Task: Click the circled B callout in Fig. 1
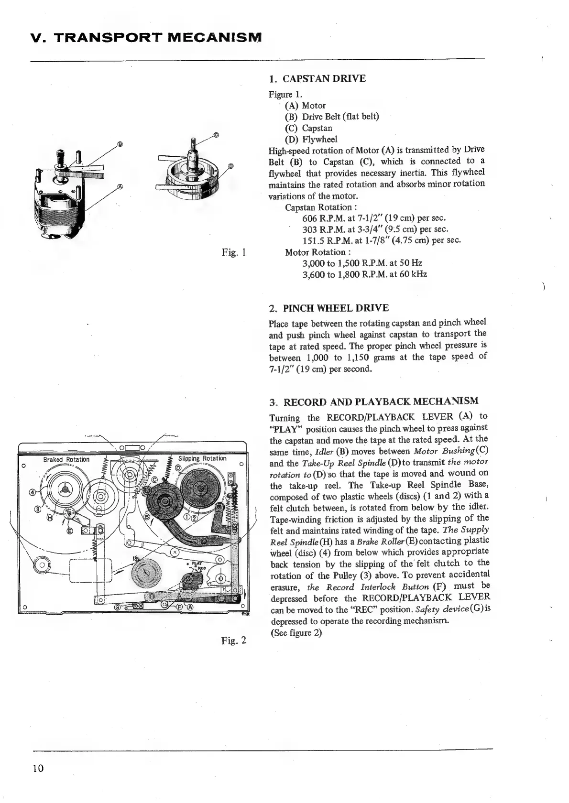[x=120, y=143]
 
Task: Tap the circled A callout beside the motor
[x=120, y=187]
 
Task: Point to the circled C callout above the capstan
[x=216, y=134]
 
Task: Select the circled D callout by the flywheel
[x=230, y=166]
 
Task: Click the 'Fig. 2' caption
[x=234, y=640]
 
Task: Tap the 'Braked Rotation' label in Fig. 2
[x=66, y=459]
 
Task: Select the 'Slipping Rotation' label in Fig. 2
[x=202, y=458]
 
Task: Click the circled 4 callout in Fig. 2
[x=33, y=492]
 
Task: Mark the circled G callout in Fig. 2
[x=117, y=607]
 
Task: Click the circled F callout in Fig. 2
[x=180, y=608]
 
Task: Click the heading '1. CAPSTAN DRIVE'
[x=317, y=78]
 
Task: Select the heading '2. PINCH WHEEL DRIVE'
[x=329, y=308]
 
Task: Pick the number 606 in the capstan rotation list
[x=310, y=218]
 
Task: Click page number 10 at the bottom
[x=38, y=768]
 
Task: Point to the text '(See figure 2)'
[x=296, y=633]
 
